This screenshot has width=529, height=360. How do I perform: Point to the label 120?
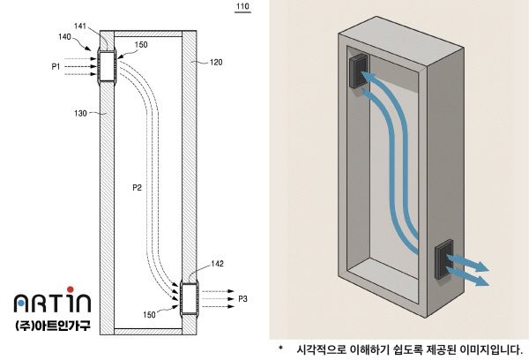tap(218, 63)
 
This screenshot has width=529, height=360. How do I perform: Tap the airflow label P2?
tap(138, 187)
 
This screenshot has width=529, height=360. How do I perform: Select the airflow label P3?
tap(243, 299)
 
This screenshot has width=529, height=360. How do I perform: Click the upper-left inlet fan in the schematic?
tap(107, 67)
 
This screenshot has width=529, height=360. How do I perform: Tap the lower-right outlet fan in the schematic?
tap(189, 299)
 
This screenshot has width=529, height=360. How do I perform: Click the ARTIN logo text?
tap(52, 304)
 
